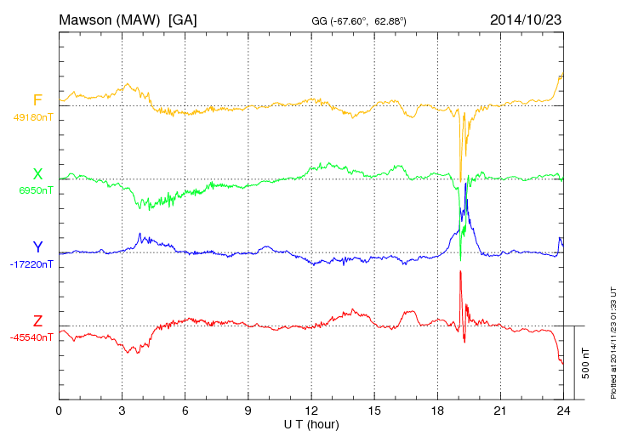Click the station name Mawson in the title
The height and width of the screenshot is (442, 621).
[x=86, y=19]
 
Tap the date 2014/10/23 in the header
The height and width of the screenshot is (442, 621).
[x=525, y=19]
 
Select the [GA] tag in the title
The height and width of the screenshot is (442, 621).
[x=183, y=19]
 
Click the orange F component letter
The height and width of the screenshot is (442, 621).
[x=37, y=101]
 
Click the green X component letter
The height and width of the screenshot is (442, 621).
[x=37, y=174]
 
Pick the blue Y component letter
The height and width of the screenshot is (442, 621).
[x=37, y=247]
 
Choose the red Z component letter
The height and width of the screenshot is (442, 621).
[x=37, y=321]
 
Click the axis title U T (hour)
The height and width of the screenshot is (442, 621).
[x=311, y=423]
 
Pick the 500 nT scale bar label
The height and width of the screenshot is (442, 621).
[x=585, y=362]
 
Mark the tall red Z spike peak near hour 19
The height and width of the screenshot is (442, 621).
[x=460, y=271]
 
